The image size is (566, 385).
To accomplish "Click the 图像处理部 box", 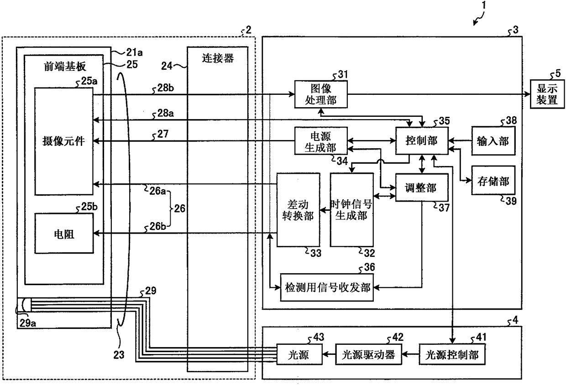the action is coord(321,94).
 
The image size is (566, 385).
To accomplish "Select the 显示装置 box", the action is coord(547,94).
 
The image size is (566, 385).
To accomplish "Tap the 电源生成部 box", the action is coord(321,141).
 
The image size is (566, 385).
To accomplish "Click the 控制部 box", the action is coord(422,140).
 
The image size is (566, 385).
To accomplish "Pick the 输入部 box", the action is coord(493,141).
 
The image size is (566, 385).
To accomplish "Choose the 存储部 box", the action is coord(493,180).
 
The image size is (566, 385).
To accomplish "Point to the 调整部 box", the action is coord(422,187).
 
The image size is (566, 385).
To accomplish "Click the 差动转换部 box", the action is coord(299,210).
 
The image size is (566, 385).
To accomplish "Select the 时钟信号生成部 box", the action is coord(352,210).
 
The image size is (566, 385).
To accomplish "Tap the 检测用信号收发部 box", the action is coord(327,287).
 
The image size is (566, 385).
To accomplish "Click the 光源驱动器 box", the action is coord(368,354).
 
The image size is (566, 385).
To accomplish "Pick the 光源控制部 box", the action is coord(452,354).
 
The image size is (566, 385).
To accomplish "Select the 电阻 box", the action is coord(64,234).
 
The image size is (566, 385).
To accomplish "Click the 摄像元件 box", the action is coord(64,141).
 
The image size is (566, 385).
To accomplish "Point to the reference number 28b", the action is coord(166,88).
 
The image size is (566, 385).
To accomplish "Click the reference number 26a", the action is coord(157,191).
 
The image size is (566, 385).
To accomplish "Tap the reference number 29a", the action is coord(28,323).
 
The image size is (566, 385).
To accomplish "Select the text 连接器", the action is coord(218,58).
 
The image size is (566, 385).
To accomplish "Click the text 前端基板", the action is coord(65,67).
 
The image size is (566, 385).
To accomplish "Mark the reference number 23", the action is coord(119,355).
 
